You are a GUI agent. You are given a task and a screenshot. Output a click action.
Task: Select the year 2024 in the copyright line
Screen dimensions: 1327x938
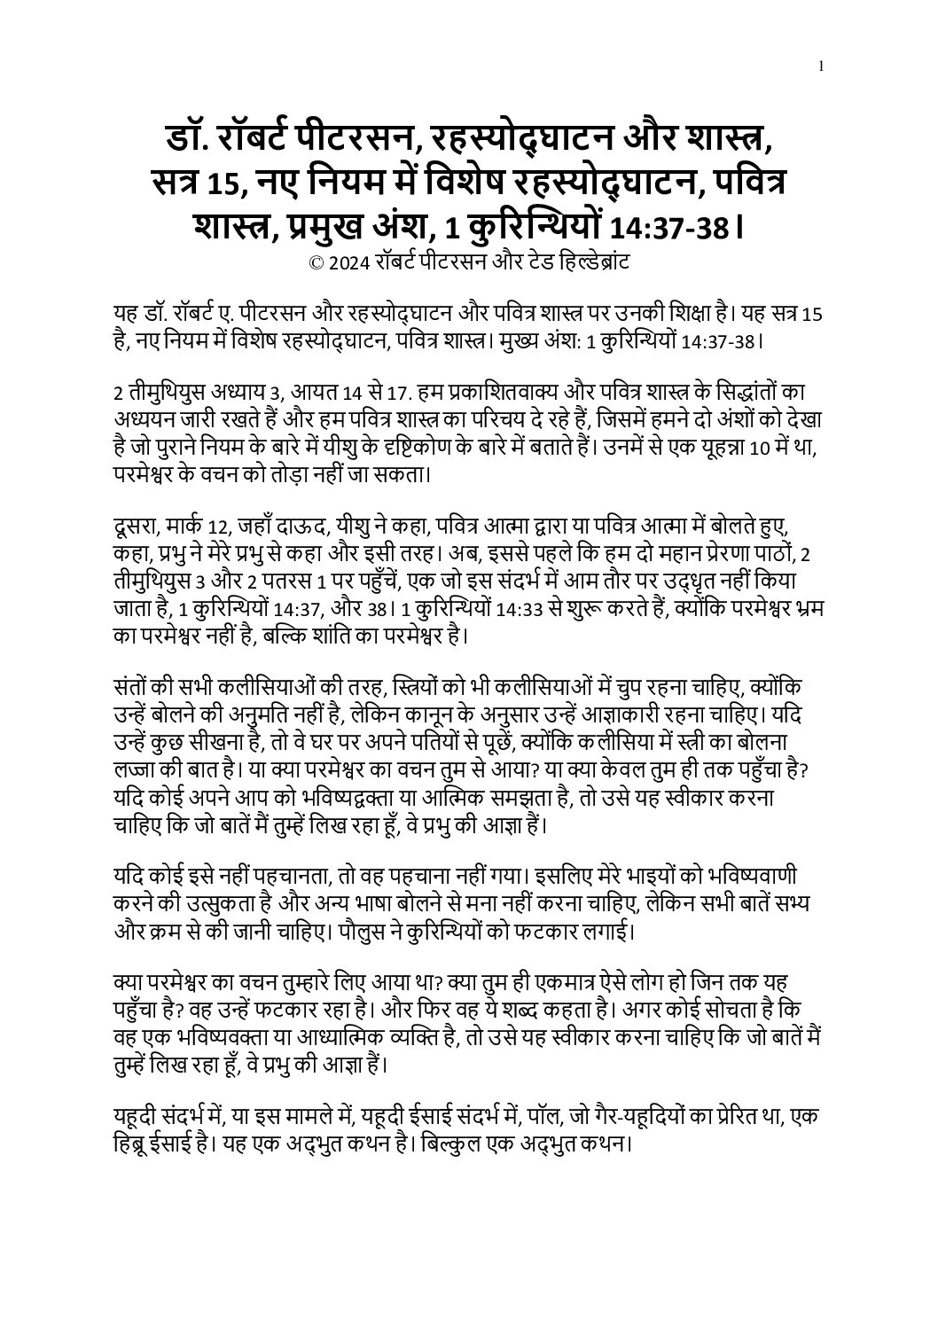pos(349,262)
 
